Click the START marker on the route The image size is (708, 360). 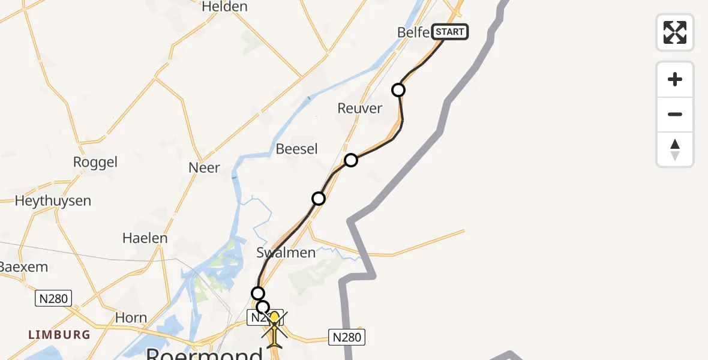coord(449,32)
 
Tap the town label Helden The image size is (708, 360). coord(225,7)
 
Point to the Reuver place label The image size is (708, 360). coord(360,109)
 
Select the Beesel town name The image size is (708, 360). coord(296,149)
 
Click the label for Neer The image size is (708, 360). coord(205,168)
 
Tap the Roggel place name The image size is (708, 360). coord(95,163)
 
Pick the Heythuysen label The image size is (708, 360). coord(53,201)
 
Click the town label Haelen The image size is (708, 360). coord(145,238)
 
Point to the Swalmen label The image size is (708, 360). coord(286,253)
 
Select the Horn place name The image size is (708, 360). coord(131,318)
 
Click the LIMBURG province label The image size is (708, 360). coord(59,335)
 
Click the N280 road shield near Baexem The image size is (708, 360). coord(53,298)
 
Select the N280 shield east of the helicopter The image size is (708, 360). coord(347,337)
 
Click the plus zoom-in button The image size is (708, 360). coord(675,80)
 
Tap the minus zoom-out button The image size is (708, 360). coord(675,115)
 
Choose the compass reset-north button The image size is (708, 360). coord(675,149)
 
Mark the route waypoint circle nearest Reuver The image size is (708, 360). coord(398,90)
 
